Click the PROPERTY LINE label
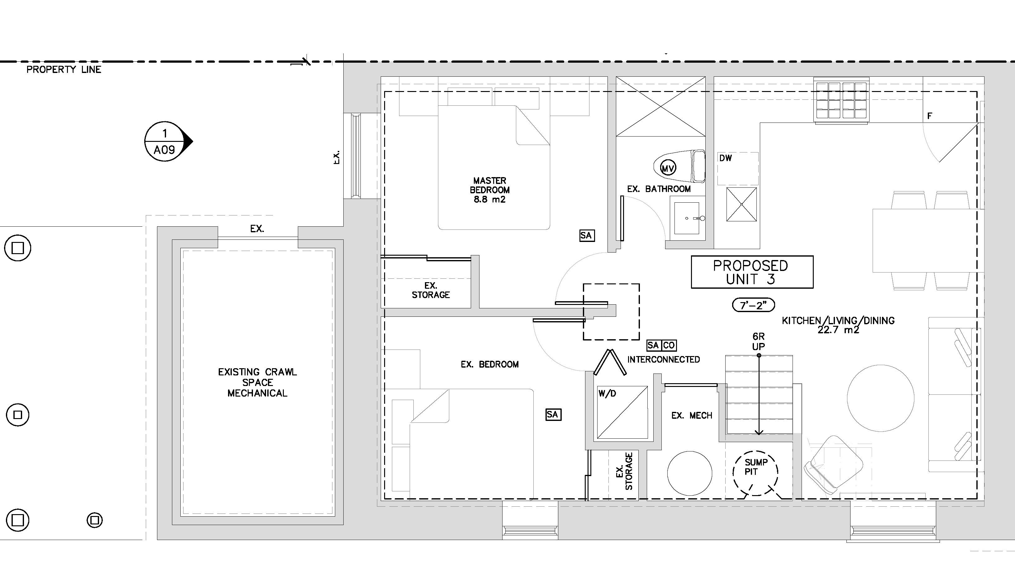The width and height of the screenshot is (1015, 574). [x=64, y=70]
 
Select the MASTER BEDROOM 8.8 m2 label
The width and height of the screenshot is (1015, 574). [x=490, y=190]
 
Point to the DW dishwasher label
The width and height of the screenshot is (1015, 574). [x=725, y=158]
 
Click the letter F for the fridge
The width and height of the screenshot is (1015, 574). [x=930, y=116]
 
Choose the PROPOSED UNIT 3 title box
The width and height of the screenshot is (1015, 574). [x=752, y=272]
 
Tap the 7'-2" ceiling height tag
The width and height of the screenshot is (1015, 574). [x=753, y=305]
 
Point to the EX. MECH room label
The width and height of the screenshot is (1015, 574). [x=692, y=416]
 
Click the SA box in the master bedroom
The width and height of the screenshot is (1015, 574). [x=587, y=236]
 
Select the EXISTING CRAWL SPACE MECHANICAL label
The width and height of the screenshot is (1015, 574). [x=257, y=382]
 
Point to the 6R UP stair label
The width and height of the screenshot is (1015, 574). [x=759, y=341]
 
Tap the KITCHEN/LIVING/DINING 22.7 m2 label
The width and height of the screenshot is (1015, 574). [x=838, y=325]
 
